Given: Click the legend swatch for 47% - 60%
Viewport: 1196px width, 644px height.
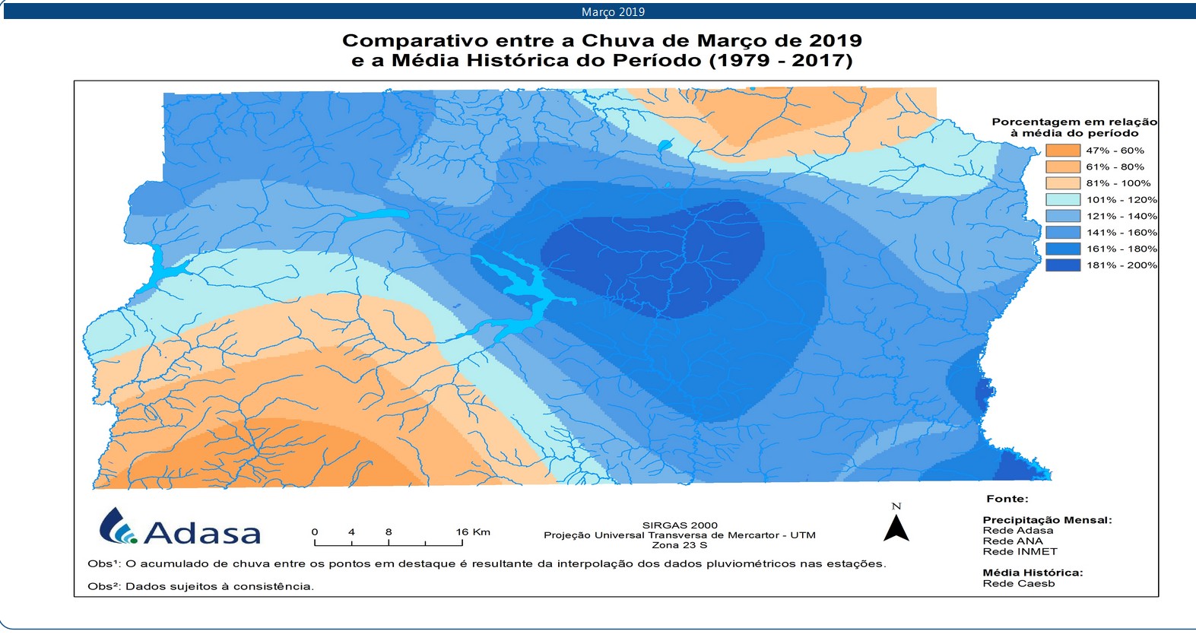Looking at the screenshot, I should (x=1062, y=151).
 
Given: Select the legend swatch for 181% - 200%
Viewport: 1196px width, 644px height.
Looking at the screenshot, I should (x=1062, y=265).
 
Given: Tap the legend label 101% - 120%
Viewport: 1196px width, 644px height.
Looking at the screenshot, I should (x=1121, y=200).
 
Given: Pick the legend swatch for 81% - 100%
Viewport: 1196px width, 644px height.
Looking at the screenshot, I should (x=1062, y=183).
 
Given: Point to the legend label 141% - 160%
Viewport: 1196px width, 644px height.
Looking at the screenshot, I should (x=1121, y=233).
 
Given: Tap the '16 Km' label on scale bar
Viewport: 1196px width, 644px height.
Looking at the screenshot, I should (x=473, y=532).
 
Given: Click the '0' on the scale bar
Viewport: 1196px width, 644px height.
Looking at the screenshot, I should (x=315, y=532).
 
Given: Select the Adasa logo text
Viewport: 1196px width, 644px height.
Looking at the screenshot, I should (x=201, y=532).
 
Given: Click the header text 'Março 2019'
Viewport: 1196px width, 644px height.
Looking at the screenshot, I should (x=613, y=11).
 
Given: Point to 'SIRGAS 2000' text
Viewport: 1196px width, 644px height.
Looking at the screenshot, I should (x=679, y=525).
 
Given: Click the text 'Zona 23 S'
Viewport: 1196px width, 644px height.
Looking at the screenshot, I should (x=679, y=545).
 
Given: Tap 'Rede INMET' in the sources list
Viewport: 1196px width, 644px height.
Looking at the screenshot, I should (x=1020, y=552).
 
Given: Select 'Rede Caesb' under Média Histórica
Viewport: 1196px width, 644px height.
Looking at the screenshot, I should (x=1018, y=584).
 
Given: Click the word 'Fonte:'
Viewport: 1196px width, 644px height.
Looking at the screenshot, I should (x=1007, y=499).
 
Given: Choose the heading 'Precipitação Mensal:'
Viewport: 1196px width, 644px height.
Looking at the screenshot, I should (x=1046, y=520).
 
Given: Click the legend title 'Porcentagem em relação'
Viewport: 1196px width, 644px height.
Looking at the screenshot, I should (x=1074, y=122).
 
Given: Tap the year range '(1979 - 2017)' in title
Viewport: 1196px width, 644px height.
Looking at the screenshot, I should (x=781, y=61).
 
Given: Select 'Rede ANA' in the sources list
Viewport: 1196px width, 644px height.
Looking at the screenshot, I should (x=1013, y=541).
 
